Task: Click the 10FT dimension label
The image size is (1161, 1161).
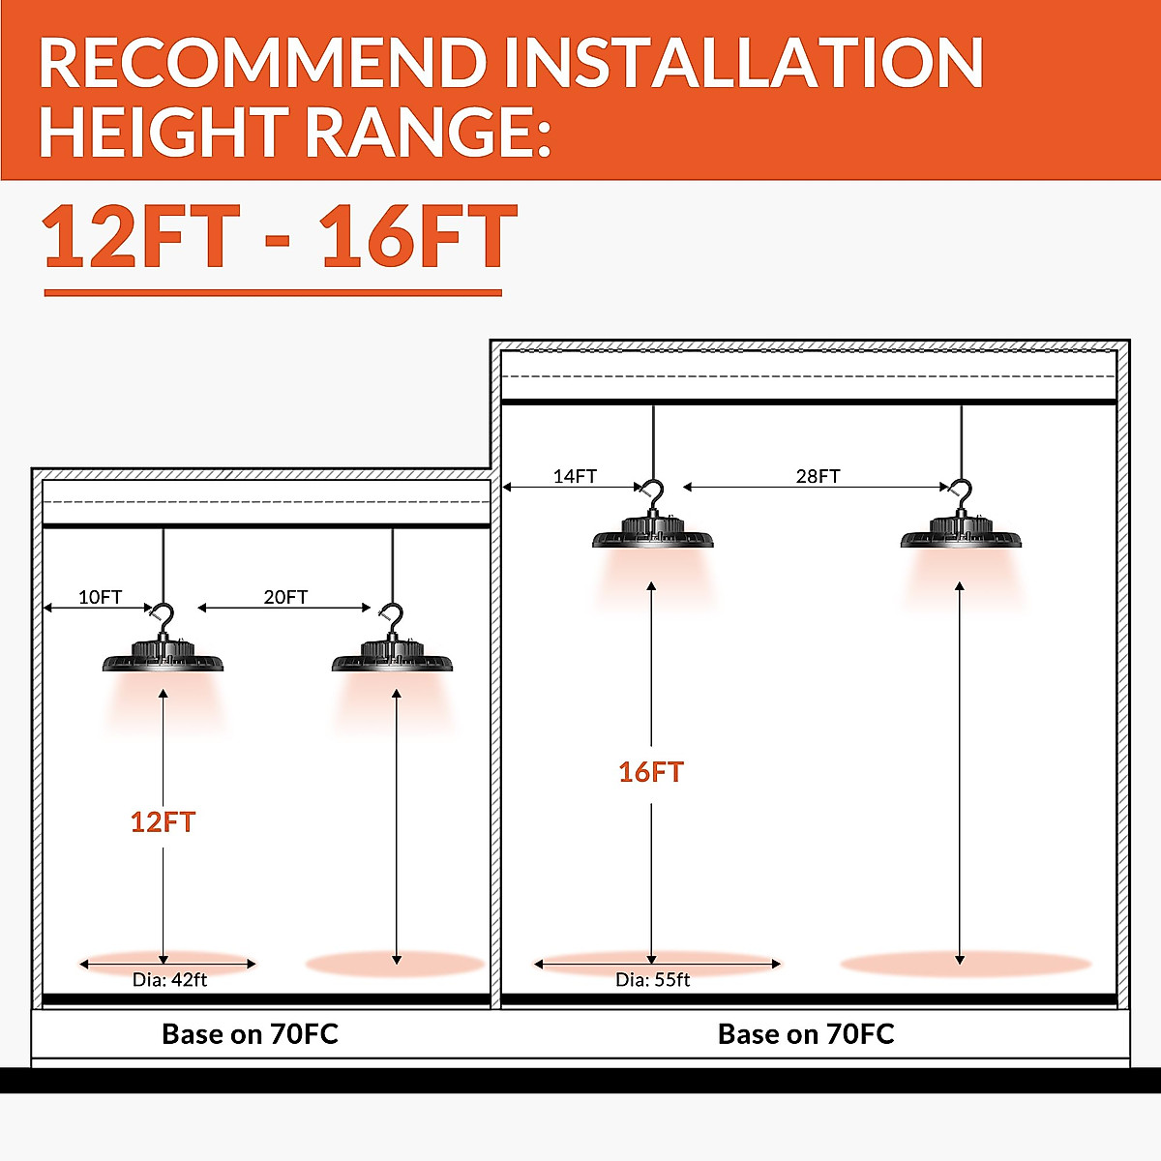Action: pyautogui.click(x=100, y=597)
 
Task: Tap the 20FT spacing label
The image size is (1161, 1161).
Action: pyautogui.click(x=285, y=597)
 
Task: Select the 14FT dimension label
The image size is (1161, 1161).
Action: pyautogui.click(x=575, y=476)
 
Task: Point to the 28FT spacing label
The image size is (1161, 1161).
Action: pyautogui.click(x=818, y=476)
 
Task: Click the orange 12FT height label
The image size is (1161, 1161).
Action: pyautogui.click(x=163, y=822)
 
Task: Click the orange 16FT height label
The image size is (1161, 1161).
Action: pyautogui.click(x=651, y=772)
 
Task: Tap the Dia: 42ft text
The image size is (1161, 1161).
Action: pyautogui.click(x=169, y=979)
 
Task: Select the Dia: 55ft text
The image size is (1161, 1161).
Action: pyautogui.click(x=652, y=979)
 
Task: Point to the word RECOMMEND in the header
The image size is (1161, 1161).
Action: pyautogui.click(x=261, y=64)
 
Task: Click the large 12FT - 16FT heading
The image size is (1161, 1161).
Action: pyautogui.click(x=280, y=238)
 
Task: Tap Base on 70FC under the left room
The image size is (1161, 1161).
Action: pyautogui.click(x=250, y=1034)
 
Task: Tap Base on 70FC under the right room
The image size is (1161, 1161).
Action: pyautogui.click(x=806, y=1034)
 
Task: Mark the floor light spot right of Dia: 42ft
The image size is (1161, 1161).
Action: pyautogui.click(x=395, y=964)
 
